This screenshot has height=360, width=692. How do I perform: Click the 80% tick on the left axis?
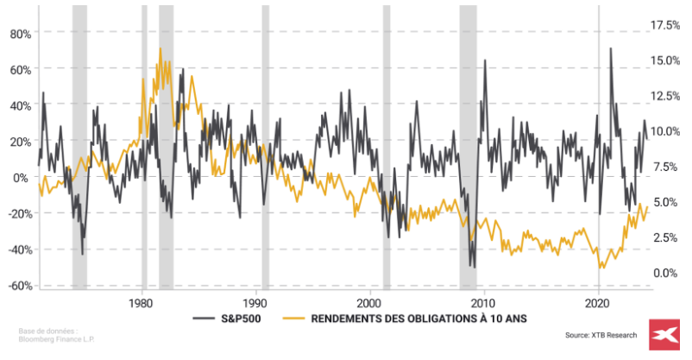(19, 34)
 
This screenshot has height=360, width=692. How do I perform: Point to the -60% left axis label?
(19, 286)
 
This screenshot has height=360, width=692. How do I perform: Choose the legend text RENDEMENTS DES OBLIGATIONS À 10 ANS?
(419, 318)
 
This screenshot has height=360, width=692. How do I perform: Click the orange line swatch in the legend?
(294, 318)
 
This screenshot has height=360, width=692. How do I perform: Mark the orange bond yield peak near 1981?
(160, 49)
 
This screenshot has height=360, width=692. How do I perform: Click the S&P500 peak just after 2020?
(611, 48)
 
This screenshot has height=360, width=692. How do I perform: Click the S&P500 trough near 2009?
(472, 267)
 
